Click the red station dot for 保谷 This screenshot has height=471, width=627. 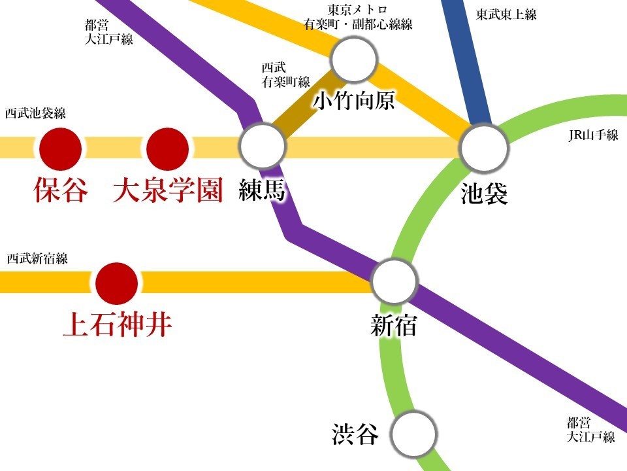coord(61,148)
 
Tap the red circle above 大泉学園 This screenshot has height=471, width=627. coord(168,148)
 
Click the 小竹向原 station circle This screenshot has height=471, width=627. coord(355,60)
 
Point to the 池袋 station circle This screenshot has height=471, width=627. coord(484,148)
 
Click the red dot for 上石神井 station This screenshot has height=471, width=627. coord(117,283)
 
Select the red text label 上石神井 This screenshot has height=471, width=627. coord(117,324)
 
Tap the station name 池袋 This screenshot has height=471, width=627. coord(484,194)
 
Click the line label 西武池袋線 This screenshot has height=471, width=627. coord(35,113)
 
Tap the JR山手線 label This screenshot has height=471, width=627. coord(593,135)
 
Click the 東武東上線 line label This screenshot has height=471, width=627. coord(506,14)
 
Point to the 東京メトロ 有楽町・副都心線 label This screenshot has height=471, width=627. coord(358,18)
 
